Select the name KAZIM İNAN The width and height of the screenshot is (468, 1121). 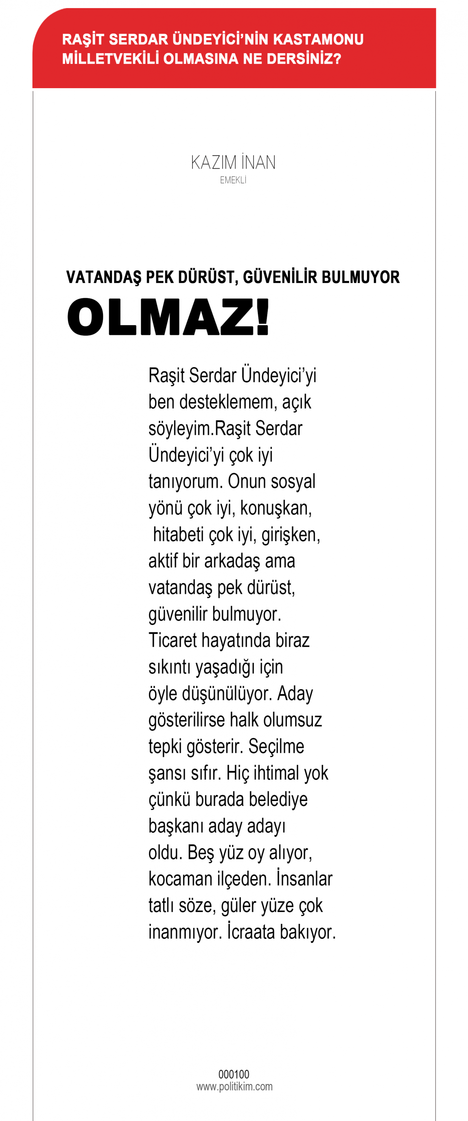tap(233, 162)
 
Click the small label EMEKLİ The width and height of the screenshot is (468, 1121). tap(233, 180)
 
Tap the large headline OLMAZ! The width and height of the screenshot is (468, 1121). tap(168, 317)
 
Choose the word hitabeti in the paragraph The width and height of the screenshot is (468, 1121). tap(178, 534)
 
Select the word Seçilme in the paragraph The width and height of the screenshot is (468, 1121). tap(276, 747)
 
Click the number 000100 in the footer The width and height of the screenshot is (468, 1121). tap(234, 1074)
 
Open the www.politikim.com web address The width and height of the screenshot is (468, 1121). tap(234, 1086)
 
